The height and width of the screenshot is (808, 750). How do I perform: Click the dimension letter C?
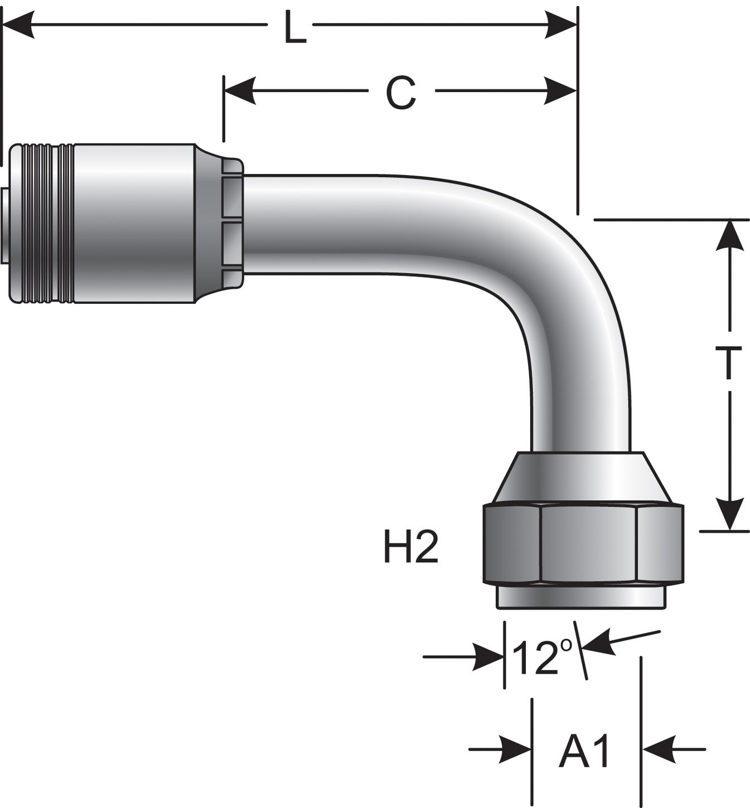point(400,93)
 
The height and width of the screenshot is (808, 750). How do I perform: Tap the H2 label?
point(412,547)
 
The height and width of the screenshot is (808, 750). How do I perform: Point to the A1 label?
point(584,751)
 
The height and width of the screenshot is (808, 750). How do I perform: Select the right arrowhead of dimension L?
point(561,25)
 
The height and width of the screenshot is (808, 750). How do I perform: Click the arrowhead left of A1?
point(516,749)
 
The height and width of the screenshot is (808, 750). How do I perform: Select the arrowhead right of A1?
point(659,749)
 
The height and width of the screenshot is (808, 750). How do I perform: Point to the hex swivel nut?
point(583,544)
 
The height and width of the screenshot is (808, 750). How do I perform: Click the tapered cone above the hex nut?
point(583,477)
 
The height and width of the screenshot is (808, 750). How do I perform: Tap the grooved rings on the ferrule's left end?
point(47,224)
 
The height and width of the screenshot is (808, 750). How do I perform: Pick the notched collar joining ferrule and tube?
point(232,223)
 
